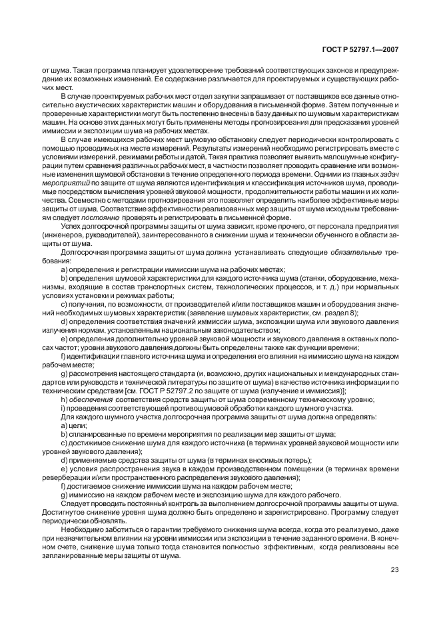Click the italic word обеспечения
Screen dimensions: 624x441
coord(94,399)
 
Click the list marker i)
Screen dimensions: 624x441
coord(63,407)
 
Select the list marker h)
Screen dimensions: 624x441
coord(64,399)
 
